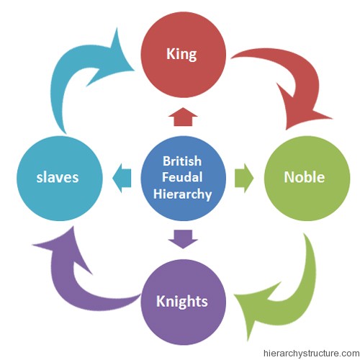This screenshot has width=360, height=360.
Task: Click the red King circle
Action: pos(183,55)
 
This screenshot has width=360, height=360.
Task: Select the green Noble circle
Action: pos(307,178)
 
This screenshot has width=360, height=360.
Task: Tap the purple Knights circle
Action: pos(183,302)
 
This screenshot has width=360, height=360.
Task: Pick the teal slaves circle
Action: pos(60,178)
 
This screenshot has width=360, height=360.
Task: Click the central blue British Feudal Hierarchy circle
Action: pos(183,178)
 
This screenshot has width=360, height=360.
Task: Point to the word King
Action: pos(181,54)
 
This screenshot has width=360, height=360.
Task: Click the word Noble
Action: pos(305,177)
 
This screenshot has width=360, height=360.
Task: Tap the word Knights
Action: pos(182,302)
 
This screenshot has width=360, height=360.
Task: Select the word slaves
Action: pos(58,177)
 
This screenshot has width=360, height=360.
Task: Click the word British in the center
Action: pos(182,161)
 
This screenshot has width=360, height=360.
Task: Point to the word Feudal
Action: pos(182,177)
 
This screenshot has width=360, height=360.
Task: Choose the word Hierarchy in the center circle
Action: pos(182,194)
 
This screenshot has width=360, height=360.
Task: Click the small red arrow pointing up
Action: pos(183,117)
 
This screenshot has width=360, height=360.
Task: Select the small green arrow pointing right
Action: pos(244,178)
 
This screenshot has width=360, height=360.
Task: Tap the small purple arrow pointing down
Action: pos(183,239)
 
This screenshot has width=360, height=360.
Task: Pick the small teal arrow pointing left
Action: pos(122,178)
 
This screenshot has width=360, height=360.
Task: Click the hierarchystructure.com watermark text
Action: pos(311,354)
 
